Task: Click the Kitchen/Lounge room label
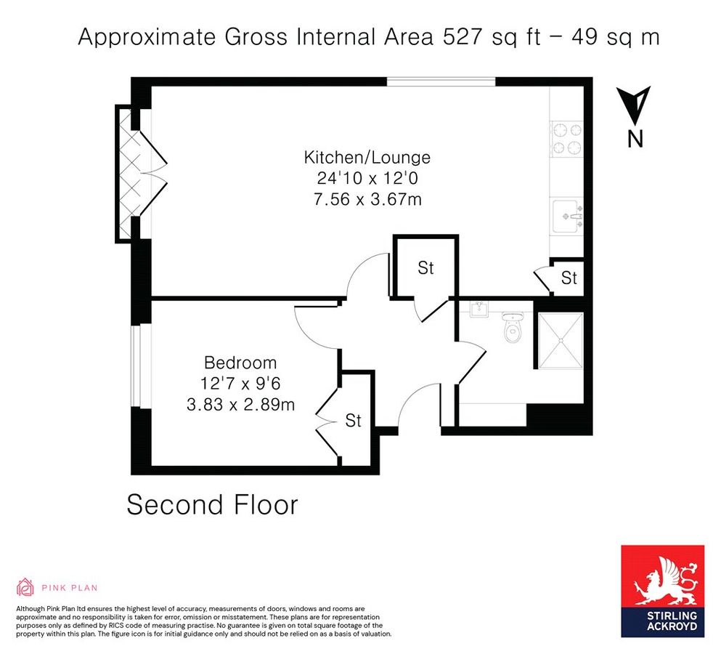[x=367, y=157]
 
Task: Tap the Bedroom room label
[x=240, y=363]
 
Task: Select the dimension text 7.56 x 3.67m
[x=367, y=199]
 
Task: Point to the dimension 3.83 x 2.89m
[x=240, y=405]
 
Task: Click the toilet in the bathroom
[x=513, y=328]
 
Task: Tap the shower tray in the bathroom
[x=559, y=341]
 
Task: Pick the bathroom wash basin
[x=478, y=310]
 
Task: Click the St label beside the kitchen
[x=569, y=278]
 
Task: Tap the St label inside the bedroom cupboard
[x=353, y=421]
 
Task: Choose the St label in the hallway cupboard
[x=425, y=268]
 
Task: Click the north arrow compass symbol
[x=635, y=106]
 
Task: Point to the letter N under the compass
[x=635, y=139]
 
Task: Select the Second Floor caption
[x=212, y=504]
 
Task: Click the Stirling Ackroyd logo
[x=661, y=591]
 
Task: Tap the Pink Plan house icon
[x=25, y=587]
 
